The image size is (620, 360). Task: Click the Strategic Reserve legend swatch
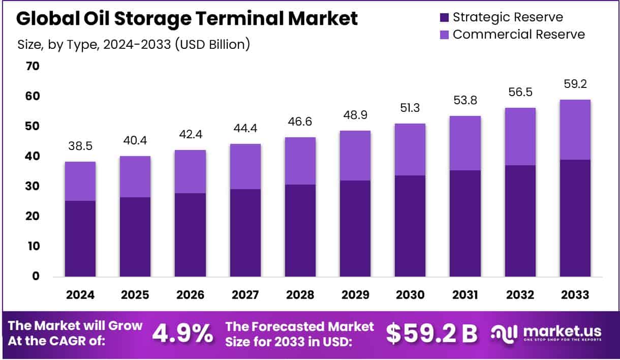(x=444, y=17)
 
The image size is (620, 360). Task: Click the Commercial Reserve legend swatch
(x=444, y=35)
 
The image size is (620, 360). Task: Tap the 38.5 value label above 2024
(x=80, y=146)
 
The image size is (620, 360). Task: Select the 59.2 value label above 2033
(x=575, y=84)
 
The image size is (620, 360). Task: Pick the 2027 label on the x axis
(x=245, y=295)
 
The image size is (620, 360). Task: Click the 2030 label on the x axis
(x=410, y=295)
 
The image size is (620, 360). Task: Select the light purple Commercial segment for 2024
(x=80, y=181)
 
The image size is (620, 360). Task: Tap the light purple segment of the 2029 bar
(x=355, y=156)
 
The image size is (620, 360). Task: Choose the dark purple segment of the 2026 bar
(x=190, y=234)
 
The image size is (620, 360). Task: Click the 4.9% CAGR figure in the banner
(x=183, y=334)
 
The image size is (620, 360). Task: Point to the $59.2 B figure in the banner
(x=431, y=334)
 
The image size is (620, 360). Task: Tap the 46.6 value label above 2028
(x=300, y=122)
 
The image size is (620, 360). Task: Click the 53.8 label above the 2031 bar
(x=465, y=101)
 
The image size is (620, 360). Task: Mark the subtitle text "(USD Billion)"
(x=212, y=44)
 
